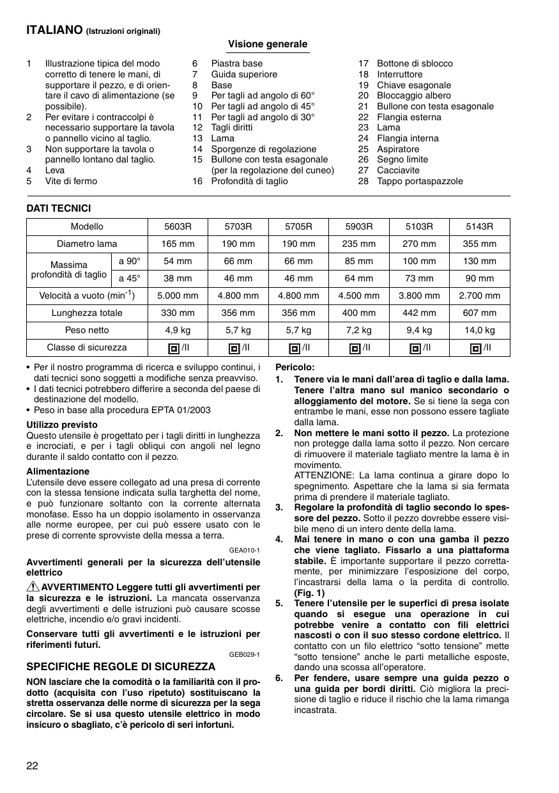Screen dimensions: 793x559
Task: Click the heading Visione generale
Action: click(x=268, y=44)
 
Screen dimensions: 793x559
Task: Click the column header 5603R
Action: click(x=178, y=226)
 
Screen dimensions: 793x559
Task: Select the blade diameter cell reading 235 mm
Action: click(x=359, y=244)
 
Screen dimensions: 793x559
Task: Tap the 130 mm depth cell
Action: click(x=480, y=261)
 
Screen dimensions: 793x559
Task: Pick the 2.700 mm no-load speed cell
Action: click(x=480, y=295)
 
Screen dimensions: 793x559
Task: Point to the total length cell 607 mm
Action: click(x=480, y=313)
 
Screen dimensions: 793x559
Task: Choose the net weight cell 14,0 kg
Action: click(x=480, y=330)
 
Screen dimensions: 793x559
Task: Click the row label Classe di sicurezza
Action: click(x=87, y=347)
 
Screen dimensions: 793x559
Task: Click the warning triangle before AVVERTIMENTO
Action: click(x=33, y=588)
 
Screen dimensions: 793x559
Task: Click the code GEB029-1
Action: click(x=245, y=654)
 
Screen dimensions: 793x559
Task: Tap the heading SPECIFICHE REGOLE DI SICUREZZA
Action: click(x=121, y=666)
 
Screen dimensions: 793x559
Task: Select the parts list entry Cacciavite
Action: click(x=398, y=170)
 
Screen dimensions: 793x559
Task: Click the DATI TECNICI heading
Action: click(x=58, y=208)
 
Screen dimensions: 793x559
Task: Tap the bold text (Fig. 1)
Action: click(x=309, y=593)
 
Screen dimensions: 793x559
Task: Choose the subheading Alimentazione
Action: click(x=58, y=471)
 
